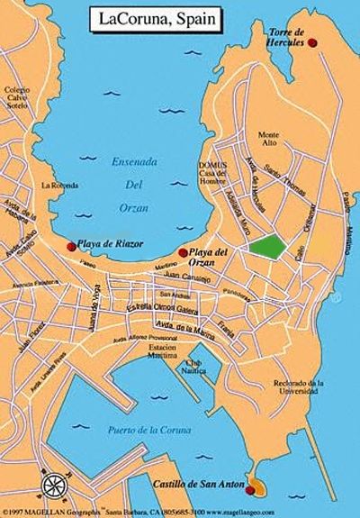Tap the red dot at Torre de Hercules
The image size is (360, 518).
point(312,42)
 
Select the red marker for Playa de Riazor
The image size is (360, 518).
point(72,245)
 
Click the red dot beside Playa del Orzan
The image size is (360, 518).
point(183,252)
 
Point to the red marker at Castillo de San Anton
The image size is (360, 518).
point(252,487)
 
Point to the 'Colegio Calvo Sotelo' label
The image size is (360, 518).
point(17,100)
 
